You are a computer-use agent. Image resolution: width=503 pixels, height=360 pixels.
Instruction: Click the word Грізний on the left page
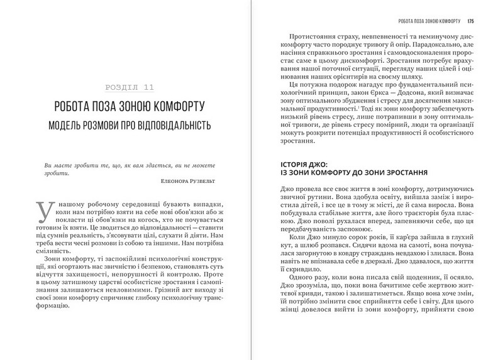pos(150,290)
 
